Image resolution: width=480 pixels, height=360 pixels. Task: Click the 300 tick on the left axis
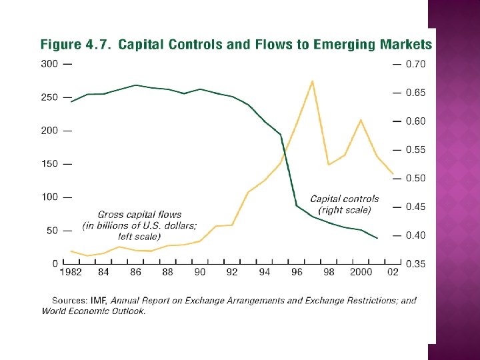(49, 64)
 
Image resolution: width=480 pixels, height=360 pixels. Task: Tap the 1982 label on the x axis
(71, 272)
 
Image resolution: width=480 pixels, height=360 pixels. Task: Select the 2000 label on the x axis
(361, 272)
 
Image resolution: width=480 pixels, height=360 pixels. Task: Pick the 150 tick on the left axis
(49, 164)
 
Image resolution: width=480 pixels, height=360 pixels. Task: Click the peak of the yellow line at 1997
(313, 81)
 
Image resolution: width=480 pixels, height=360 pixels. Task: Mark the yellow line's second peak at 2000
(361, 120)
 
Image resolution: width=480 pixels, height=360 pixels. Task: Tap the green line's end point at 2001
(377, 238)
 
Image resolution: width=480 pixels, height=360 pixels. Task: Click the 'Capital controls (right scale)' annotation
(344, 204)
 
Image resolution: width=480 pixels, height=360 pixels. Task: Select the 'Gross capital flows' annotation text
(139, 215)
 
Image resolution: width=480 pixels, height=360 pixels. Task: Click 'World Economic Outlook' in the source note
(93, 311)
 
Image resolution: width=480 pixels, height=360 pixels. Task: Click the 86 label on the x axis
(136, 272)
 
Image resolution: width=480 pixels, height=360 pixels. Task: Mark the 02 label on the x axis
(393, 272)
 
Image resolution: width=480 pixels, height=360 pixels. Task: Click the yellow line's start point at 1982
(71, 251)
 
